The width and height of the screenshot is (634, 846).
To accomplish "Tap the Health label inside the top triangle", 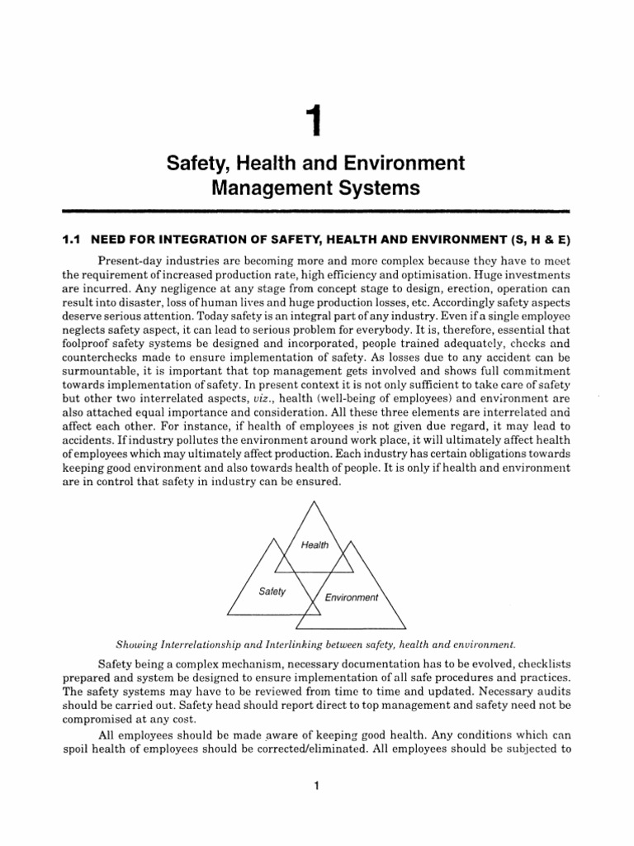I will [315, 544].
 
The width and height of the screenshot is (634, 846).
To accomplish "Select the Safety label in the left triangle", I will [272, 592].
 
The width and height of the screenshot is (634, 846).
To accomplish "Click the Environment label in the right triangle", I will [351, 597].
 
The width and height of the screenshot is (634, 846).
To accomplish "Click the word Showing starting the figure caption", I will [140, 641].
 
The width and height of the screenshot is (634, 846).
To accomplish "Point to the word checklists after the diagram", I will [537, 663].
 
